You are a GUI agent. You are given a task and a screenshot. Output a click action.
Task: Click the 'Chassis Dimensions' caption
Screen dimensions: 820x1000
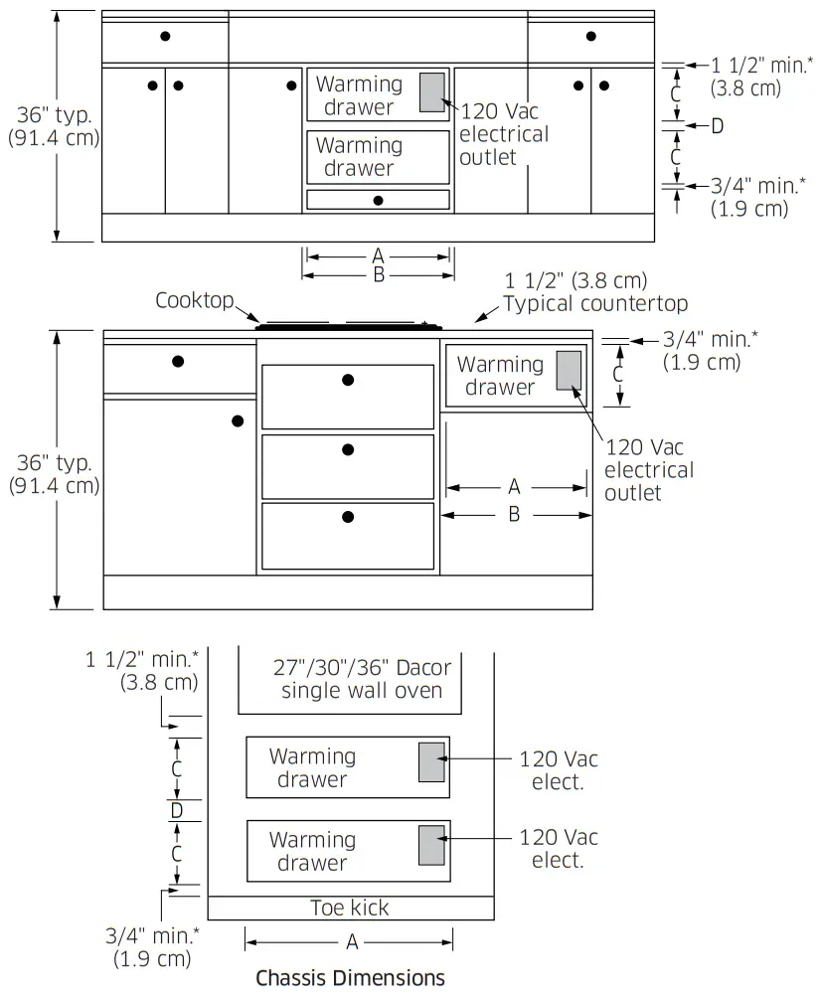(350, 978)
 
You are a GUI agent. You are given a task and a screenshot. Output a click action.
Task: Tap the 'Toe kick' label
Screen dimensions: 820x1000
(350, 908)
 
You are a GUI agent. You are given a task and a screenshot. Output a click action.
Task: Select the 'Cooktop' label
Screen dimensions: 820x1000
(195, 300)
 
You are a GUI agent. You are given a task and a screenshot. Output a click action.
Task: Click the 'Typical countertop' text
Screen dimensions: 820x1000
(595, 303)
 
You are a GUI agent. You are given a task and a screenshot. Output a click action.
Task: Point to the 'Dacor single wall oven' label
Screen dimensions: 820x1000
(362, 679)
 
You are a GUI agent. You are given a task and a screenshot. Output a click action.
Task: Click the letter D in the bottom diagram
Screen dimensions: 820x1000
(177, 810)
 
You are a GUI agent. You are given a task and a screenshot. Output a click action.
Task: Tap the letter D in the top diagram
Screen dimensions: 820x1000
(718, 126)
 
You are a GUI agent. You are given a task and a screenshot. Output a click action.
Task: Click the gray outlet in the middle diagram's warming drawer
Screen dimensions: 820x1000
(569, 371)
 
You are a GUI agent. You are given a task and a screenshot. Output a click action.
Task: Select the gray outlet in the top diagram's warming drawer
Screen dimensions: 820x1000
(431, 92)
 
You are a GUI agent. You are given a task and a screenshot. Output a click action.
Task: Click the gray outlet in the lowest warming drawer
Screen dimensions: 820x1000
(431, 845)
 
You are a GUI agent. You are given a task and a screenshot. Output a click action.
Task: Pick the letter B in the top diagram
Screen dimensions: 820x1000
(378, 275)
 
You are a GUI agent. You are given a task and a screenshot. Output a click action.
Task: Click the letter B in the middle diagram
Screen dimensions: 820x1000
(514, 514)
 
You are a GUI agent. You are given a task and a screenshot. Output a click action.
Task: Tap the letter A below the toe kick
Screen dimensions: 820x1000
(352, 942)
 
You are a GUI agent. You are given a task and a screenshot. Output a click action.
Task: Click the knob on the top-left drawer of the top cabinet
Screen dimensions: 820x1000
(165, 37)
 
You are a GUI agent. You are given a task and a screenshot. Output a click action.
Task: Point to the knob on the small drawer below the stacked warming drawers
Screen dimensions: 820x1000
(378, 200)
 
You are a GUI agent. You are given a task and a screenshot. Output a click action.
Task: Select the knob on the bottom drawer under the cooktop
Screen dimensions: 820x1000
(348, 517)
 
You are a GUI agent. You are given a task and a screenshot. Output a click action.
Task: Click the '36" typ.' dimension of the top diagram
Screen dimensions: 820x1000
(55, 114)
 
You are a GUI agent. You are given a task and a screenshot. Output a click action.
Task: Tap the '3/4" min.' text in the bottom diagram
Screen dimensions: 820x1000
(152, 935)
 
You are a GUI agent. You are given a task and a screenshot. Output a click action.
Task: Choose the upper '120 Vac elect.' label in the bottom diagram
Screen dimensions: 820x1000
(558, 770)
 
